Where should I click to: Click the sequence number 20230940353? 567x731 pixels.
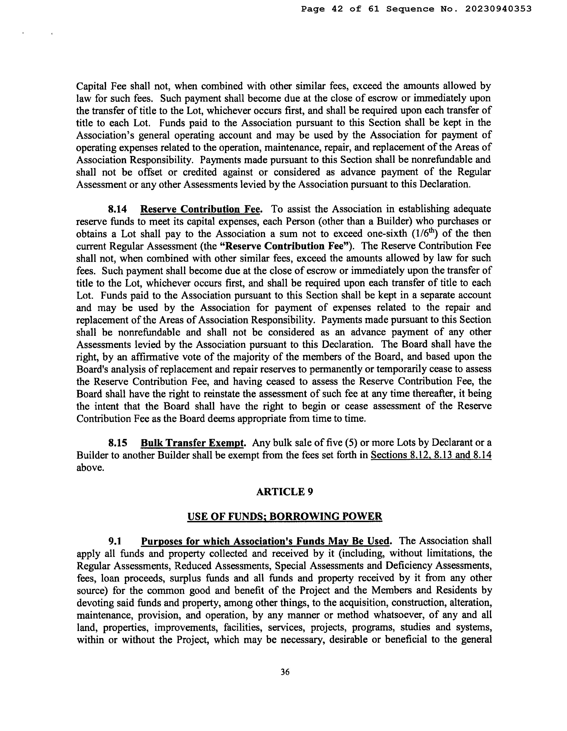(498, 9)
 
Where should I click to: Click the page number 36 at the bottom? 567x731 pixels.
(285, 672)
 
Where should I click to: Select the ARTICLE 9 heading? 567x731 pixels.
(285, 492)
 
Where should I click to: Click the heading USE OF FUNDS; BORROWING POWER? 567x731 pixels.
(285, 516)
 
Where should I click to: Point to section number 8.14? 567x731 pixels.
(118, 209)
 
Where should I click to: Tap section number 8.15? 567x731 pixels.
(118, 443)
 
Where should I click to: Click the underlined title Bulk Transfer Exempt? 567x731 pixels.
(193, 443)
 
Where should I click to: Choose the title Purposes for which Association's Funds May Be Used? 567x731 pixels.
(265, 541)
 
